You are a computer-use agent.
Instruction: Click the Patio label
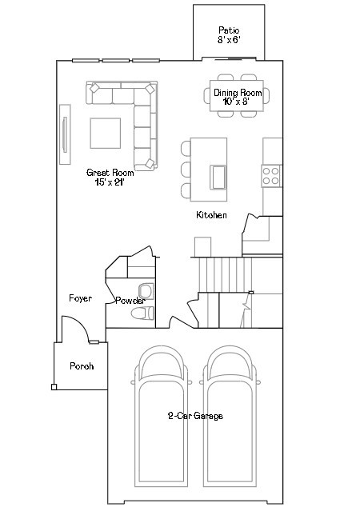(229, 30)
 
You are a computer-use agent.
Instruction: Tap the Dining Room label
(237, 93)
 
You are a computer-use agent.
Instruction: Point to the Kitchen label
(212, 216)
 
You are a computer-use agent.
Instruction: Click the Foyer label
(79, 298)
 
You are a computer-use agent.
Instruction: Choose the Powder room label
(130, 301)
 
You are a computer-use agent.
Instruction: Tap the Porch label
(82, 366)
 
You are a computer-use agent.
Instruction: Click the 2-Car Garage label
(195, 416)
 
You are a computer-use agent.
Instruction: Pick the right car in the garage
(231, 420)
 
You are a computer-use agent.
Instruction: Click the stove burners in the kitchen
(271, 174)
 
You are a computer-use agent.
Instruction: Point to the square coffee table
(105, 134)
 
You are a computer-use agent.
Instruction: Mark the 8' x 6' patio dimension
(229, 39)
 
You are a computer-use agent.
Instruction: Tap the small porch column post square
(54, 387)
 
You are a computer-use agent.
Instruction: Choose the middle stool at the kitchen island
(186, 169)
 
